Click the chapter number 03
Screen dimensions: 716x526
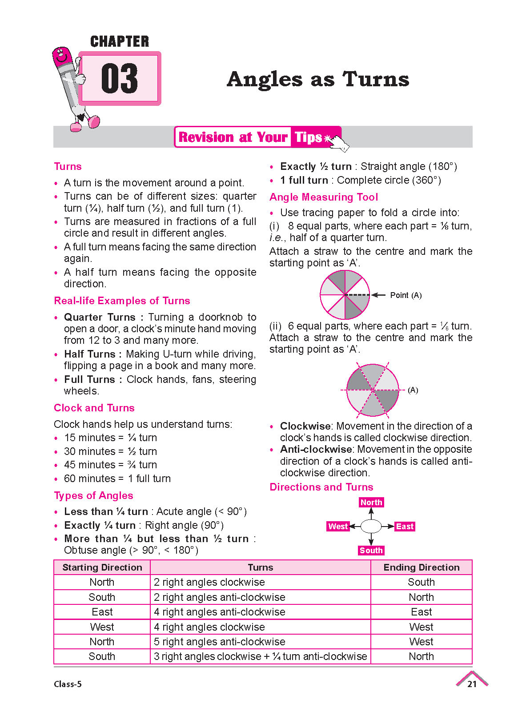coord(119,79)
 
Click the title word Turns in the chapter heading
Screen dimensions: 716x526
coord(376,80)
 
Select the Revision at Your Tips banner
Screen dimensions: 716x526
coord(257,137)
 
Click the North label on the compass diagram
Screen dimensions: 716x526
coord(371,503)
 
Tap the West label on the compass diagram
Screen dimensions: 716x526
coord(338,527)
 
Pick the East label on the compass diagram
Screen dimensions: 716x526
coord(405,527)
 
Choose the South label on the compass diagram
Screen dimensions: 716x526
coord(371,551)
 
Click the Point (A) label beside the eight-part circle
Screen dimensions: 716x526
coord(406,295)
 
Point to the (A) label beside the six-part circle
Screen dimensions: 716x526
coord(413,390)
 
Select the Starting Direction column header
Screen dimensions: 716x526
coord(102,567)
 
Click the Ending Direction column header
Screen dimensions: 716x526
coord(422,567)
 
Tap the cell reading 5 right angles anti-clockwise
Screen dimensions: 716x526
coord(220,642)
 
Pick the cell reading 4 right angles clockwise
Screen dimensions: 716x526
coord(209,627)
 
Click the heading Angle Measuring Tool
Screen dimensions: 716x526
coord(324,197)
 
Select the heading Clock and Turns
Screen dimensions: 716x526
coord(94,408)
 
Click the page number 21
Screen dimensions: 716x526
coord(472,684)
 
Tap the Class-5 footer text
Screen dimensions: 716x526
coord(68,684)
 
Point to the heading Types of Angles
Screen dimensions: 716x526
coord(93,495)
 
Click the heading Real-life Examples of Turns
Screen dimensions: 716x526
coord(122,301)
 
